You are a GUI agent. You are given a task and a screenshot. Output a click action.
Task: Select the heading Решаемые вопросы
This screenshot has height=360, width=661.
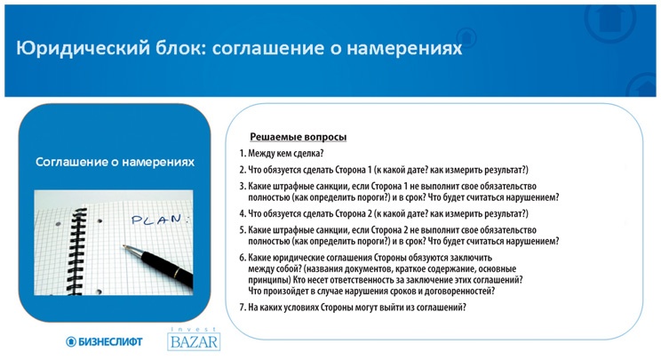point(298,137)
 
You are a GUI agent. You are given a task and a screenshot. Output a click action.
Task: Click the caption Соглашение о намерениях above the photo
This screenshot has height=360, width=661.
point(115,163)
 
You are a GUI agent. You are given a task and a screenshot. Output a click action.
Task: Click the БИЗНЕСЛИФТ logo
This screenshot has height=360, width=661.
point(103,340)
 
